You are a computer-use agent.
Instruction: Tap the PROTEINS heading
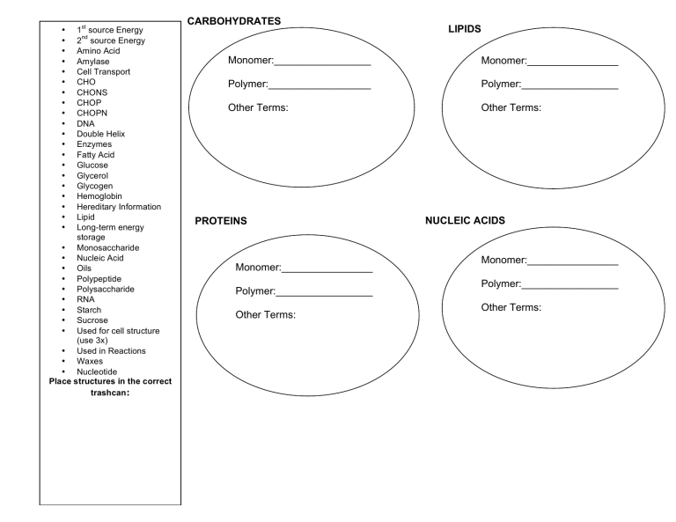coord(220,222)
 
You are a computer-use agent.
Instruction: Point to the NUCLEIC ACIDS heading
coord(465,220)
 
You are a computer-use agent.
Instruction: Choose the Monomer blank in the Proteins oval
coord(327,268)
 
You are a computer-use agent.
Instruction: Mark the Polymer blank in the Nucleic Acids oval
coord(569,284)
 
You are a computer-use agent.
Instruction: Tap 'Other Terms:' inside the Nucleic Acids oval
coord(511,307)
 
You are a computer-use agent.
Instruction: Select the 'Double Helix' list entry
coord(101,134)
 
